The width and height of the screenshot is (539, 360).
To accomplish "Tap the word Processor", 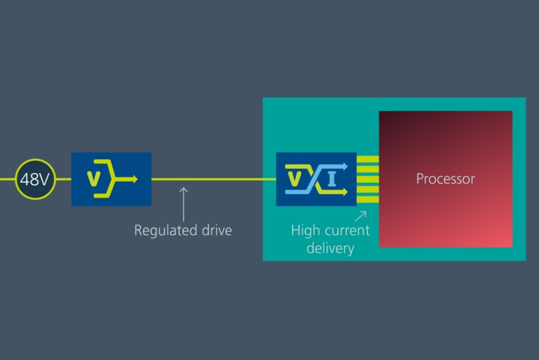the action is [446, 179].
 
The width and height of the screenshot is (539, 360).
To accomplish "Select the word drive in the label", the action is [216, 230].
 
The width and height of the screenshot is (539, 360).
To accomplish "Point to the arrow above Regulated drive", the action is [183, 204].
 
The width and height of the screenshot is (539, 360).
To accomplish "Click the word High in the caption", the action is [305, 231].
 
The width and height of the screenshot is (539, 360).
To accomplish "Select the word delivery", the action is [330, 248].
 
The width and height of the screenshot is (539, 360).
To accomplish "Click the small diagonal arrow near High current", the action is [361, 217].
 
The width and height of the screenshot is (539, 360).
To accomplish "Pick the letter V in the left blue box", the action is [93, 179].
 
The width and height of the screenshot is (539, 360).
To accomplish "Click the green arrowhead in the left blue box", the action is [135, 179].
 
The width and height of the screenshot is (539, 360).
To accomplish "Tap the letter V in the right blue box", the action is [294, 179].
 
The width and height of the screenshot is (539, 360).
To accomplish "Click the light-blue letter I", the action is [332, 179].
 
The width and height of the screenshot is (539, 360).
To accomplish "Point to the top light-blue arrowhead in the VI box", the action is [344, 167].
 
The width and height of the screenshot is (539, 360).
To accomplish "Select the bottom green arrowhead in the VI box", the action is [344, 191].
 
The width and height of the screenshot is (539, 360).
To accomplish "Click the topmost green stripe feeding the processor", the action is [368, 159].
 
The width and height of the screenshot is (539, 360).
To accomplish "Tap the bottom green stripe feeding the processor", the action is [368, 200].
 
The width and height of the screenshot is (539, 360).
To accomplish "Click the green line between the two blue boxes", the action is [214, 179].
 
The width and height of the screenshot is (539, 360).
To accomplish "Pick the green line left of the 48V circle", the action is [8, 179].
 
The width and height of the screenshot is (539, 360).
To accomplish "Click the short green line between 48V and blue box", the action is [63, 179].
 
